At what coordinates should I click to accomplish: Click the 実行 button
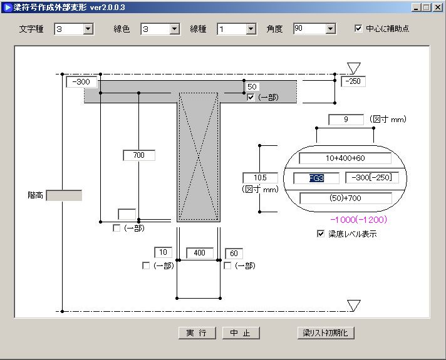coord(196,332)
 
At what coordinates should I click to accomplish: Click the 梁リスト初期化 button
coord(326,332)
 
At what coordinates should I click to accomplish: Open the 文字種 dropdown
coord(88,29)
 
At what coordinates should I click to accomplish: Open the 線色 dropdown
coord(174,29)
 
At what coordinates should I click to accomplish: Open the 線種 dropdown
coord(251,29)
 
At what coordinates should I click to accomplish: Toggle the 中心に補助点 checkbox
coord(359,28)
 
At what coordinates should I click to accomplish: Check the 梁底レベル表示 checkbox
coord(321,234)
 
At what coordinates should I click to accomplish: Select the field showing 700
coord(138,155)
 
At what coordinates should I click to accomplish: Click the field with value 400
coord(199,253)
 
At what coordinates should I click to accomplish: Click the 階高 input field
coord(64,195)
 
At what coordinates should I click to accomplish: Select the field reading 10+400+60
coord(345,158)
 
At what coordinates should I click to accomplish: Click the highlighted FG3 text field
coord(316,178)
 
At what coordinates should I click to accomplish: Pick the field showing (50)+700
coord(345,198)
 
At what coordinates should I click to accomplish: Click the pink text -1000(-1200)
coord(358,220)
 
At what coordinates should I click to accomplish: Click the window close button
coord(437,8)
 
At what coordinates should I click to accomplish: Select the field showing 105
coord(259,178)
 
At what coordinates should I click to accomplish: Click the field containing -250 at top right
coord(353,81)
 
